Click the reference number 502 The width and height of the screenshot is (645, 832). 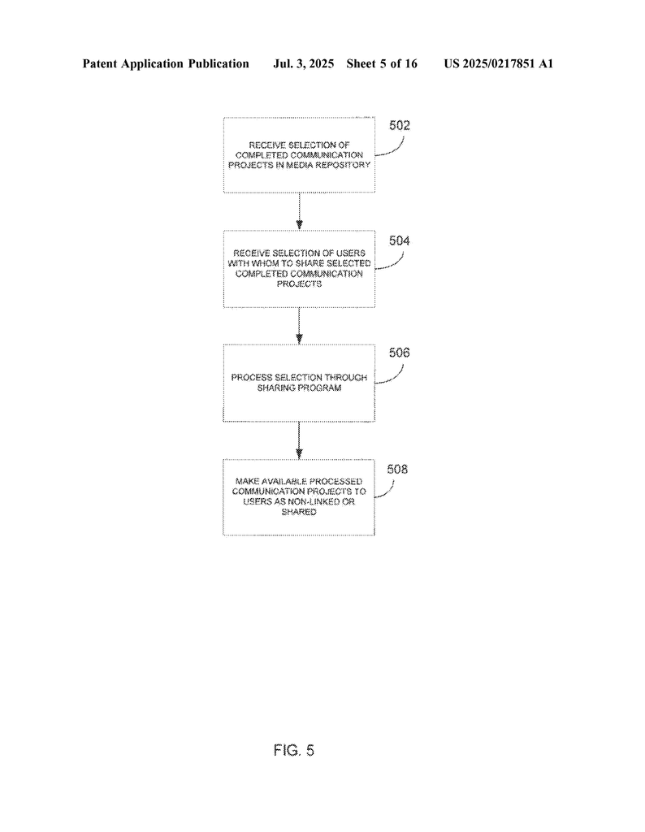[x=400, y=125]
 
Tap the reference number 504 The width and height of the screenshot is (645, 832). [x=400, y=240]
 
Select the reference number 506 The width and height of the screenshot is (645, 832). [x=400, y=353]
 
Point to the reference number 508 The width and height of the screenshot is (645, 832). [x=397, y=469]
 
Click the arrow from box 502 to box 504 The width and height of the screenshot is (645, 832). [x=299, y=211]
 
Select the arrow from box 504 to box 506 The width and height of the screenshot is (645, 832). [x=299, y=326]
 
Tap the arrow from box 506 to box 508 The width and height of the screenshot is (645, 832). [x=299, y=440]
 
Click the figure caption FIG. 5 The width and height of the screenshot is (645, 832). [x=294, y=750]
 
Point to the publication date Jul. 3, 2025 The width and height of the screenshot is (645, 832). [x=303, y=64]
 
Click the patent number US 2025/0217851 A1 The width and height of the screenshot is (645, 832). [x=499, y=64]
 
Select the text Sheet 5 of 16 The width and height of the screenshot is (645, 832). [x=382, y=64]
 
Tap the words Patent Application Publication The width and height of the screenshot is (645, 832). [x=166, y=64]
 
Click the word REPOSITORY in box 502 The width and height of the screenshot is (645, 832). [x=343, y=165]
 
